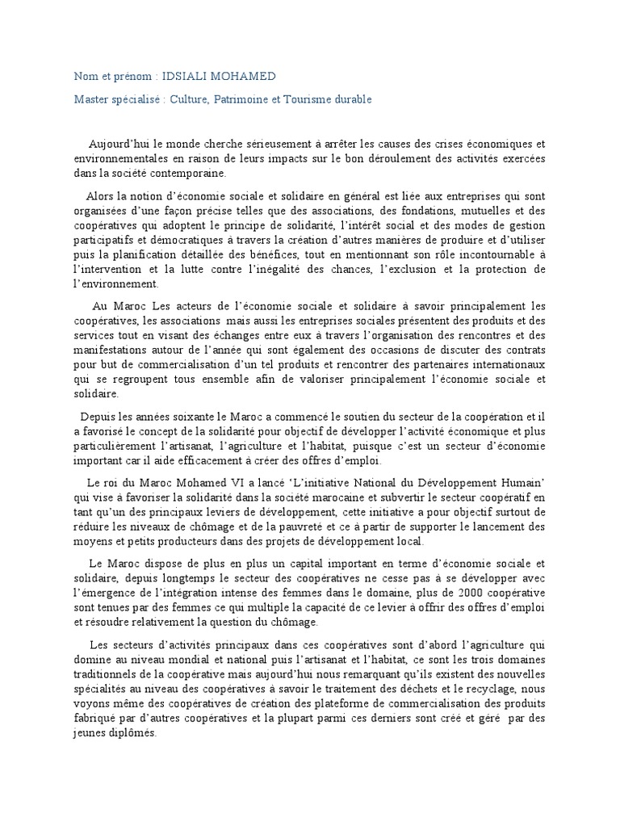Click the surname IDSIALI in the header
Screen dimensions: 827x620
click(x=188, y=76)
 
